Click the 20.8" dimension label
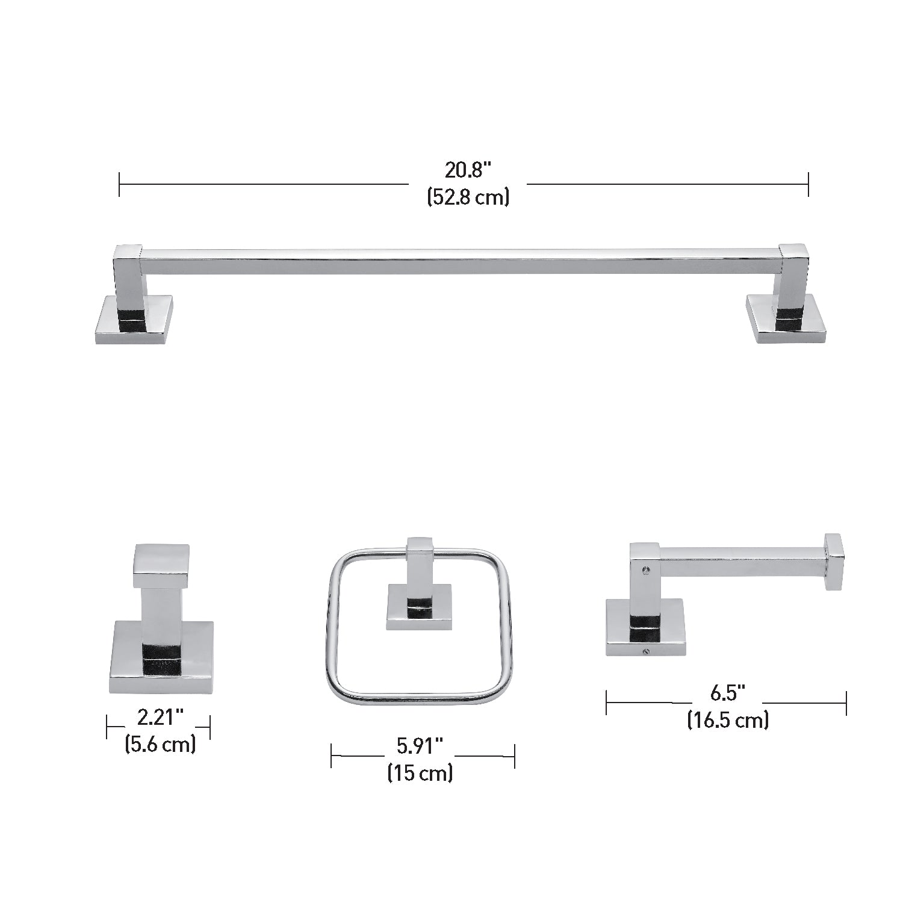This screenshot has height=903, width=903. tap(468, 170)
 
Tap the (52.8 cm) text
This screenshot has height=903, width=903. tap(468, 197)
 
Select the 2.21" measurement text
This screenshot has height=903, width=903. tap(160, 718)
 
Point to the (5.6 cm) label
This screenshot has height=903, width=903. tap(160, 744)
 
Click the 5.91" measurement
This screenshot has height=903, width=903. tap(420, 746)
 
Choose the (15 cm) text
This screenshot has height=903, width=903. tap(420, 772)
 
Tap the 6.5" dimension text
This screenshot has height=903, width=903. tap(728, 694)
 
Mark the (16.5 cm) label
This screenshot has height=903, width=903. tap(728, 720)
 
